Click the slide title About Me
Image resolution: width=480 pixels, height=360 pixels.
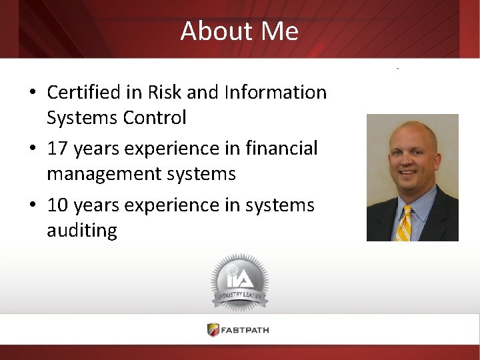tap(239, 31)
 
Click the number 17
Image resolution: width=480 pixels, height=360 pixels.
tap(57, 149)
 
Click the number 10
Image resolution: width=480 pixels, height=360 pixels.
tap(57, 205)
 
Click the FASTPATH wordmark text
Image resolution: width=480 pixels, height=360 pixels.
tap(247, 329)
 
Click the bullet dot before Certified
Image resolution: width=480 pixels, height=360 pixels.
tap(33, 93)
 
